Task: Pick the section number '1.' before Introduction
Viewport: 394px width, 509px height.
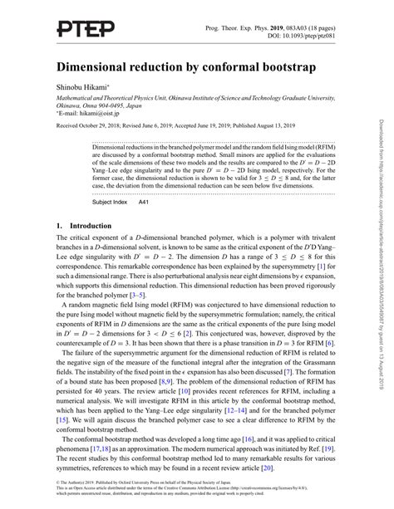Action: pos(60,225)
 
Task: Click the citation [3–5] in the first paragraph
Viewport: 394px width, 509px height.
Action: pos(141,294)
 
